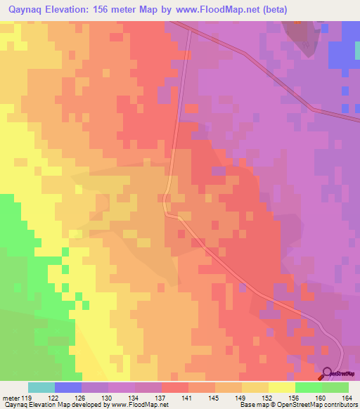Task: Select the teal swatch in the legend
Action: [x=41, y=387]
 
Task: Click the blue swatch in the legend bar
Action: [x=68, y=387]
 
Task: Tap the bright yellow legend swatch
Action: [x=282, y=387]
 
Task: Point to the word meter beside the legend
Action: [x=12, y=397]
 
